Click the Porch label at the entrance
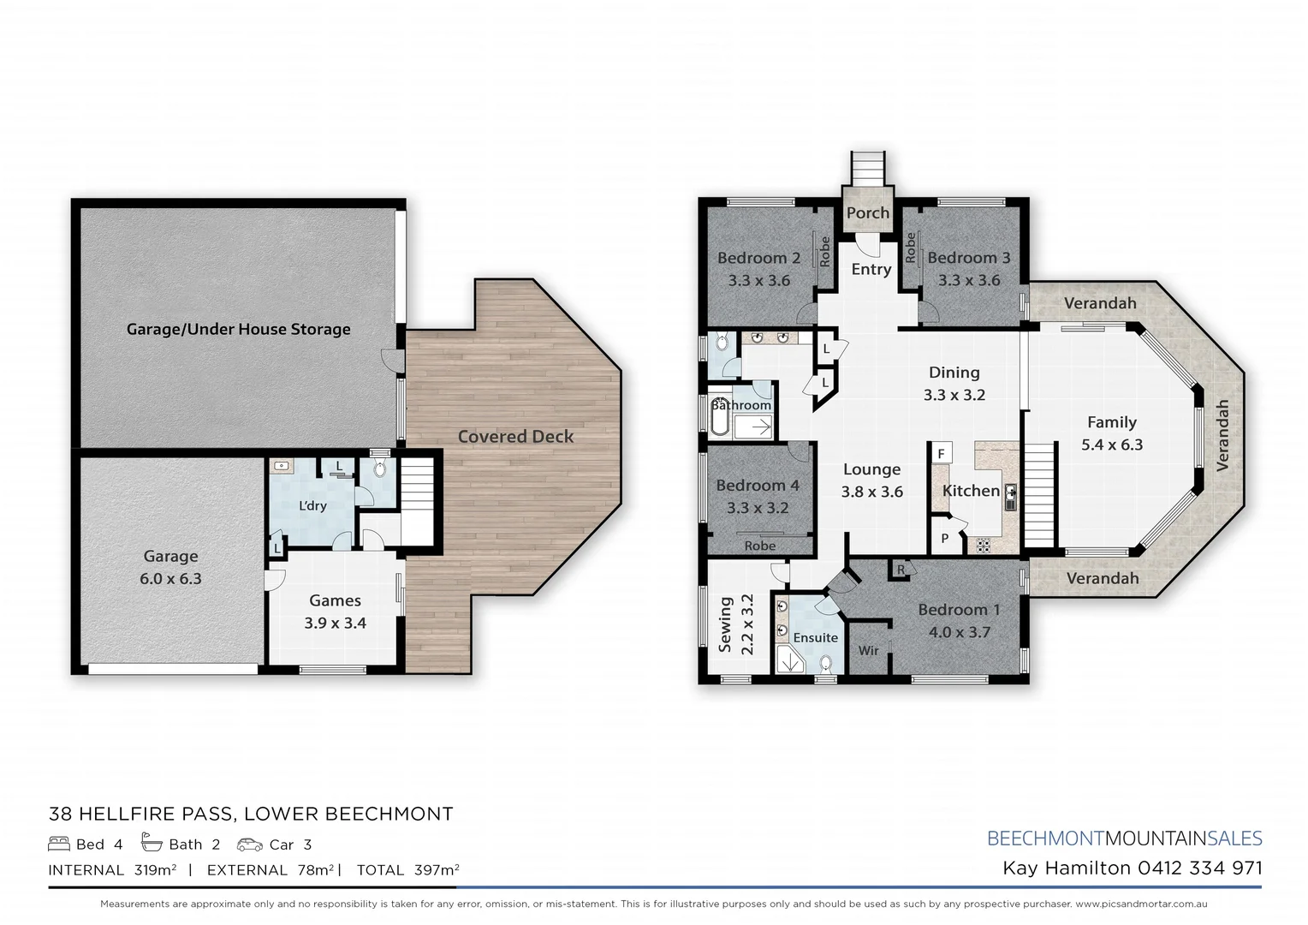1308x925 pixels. (x=867, y=212)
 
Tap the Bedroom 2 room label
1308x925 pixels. (x=758, y=258)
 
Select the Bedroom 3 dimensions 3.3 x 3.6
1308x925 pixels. (x=968, y=280)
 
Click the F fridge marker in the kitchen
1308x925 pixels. (x=941, y=453)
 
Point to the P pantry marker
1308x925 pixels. (x=944, y=539)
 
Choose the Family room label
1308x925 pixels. (x=1111, y=422)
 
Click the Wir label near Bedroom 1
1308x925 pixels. (x=868, y=650)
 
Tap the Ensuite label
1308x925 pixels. (x=815, y=637)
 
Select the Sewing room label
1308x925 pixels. (x=725, y=624)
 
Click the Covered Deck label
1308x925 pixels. (x=515, y=436)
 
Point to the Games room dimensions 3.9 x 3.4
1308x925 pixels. (x=335, y=623)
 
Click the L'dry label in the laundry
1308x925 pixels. (x=312, y=505)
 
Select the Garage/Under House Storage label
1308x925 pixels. (x=238, y=329)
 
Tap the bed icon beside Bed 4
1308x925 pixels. (x=59, y=844)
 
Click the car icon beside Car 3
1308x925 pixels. (x=250, y=844)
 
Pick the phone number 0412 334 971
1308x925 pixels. (x=1199, y=868)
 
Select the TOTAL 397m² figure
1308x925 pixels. (x=407, y=870)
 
